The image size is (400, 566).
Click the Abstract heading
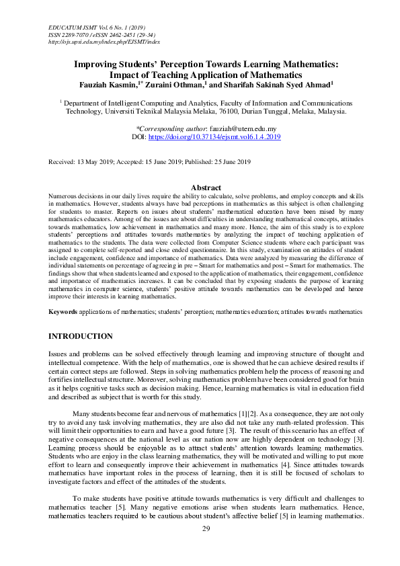point(206,188)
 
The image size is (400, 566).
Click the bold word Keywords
point(63,312)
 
